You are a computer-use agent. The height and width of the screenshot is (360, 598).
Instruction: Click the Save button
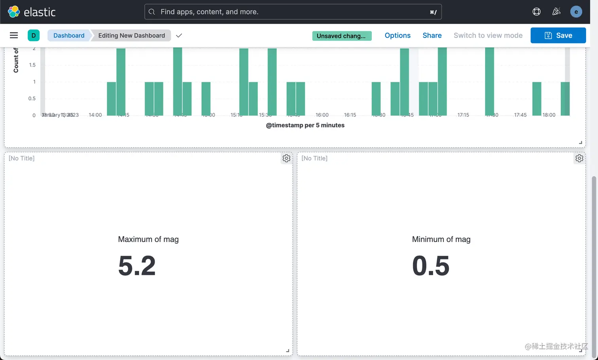click(558, 35)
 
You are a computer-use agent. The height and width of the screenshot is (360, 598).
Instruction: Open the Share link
click(432, 35)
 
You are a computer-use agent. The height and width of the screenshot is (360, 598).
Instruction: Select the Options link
click(397, 35)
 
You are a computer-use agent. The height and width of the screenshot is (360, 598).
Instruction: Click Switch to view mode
click(488, 35)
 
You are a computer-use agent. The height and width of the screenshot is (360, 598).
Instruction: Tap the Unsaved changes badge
click(342, 36)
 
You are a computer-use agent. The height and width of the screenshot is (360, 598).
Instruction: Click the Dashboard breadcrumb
click(69, 35)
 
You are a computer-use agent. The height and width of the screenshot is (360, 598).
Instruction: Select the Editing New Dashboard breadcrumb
click(131, 35)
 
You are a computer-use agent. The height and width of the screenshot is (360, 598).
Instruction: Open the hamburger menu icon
click(14, 35)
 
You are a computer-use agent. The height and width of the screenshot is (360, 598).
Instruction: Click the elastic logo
click(32, 12)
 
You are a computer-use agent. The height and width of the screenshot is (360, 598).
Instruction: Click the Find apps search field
click(293, 12)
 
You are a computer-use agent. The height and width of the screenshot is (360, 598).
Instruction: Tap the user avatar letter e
click(576, 12)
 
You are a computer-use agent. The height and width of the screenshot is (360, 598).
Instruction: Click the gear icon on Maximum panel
click(286, 158)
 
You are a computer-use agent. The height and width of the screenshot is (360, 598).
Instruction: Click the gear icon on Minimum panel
click(579, 158)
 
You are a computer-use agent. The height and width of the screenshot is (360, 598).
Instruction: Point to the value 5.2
click(137, 265)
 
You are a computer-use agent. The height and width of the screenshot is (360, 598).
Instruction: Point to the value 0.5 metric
click(431, 265)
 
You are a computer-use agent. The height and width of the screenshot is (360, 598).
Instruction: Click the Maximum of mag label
click(148, 239)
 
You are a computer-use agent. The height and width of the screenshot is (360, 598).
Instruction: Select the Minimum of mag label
click(441, 239)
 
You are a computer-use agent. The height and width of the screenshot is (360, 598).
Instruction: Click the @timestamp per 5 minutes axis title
click(305, 125)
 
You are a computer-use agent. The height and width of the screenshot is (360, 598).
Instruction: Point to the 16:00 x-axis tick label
click(322, 115)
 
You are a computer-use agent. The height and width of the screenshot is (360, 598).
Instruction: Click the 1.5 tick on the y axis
click(32, 65)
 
